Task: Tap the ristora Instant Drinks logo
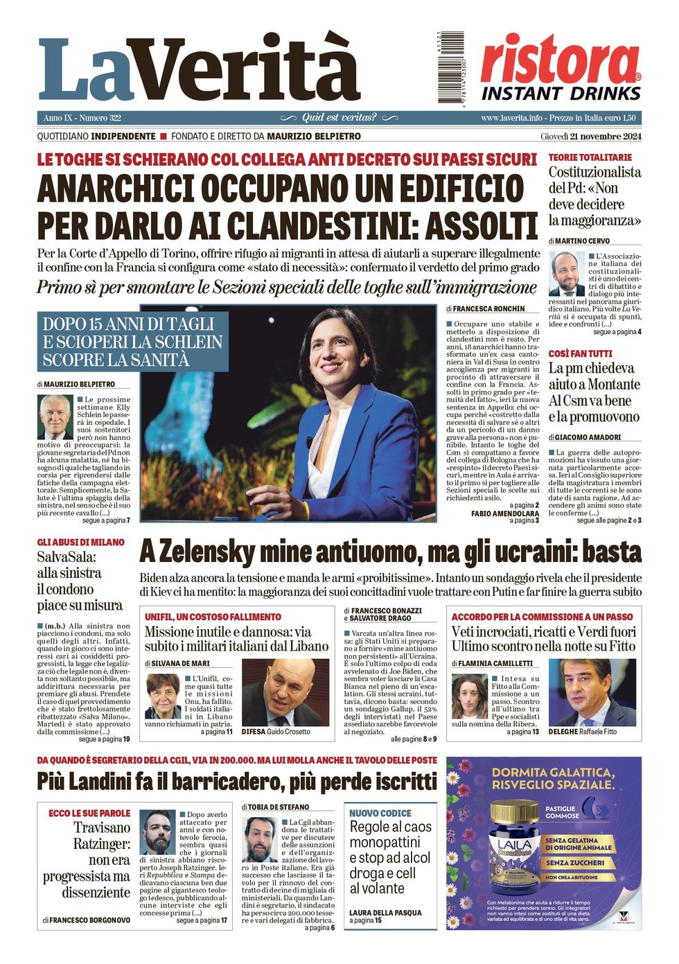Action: click(561, 68)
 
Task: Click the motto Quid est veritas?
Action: click(339, 118)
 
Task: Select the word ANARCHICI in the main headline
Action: click(117, 189)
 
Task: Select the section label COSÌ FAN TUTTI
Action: click(580, 353)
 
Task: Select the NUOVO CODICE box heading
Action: click(380, 813)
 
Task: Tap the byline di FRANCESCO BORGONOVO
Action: click(86, 920)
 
